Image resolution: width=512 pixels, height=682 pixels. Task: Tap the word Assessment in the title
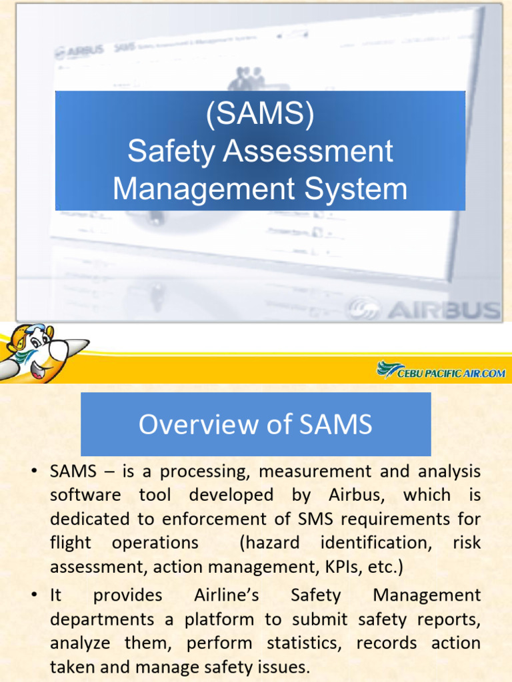tap(309, 151)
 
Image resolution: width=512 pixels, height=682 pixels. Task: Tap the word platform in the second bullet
tap(219, 619)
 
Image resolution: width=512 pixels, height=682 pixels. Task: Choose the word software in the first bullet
tap(85, 495)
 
